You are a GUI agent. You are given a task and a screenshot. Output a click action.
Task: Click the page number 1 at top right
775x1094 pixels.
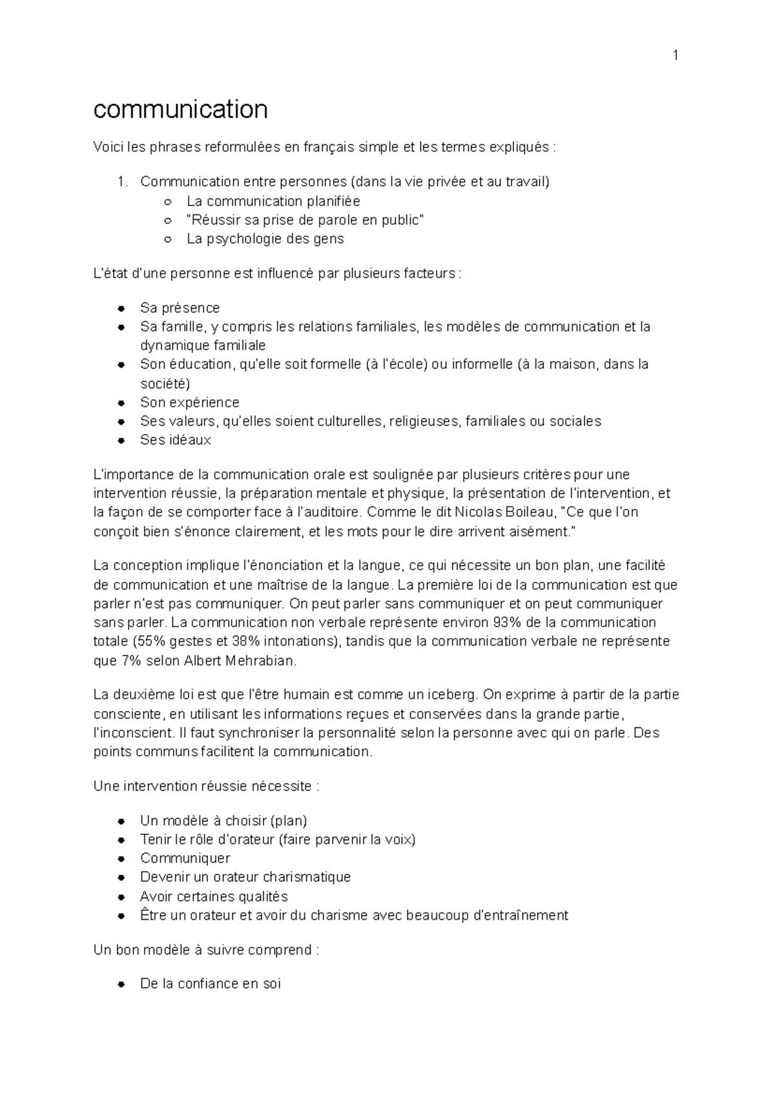(x=676, y=56)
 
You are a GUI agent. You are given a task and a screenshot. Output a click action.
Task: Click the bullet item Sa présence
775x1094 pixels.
(x=180, y=307)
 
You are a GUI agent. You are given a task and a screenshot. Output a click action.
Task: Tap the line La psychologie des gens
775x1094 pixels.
(x=265, y=238)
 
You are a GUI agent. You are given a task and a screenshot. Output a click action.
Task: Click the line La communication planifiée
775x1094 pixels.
(x=273, y=201)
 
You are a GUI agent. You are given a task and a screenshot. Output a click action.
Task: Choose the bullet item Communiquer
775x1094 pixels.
(x=185, y=858)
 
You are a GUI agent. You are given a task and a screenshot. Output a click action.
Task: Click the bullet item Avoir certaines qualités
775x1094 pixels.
(x=214, y=896)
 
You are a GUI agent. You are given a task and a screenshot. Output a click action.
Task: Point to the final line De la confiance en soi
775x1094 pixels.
(x=210, y=984)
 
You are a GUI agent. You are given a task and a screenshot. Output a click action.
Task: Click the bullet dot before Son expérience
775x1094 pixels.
(x=121, y=403)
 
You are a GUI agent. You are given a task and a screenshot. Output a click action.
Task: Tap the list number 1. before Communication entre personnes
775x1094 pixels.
(x=123, y=181)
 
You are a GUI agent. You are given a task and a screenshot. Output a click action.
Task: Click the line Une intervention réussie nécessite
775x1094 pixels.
(x=206, y=786)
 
